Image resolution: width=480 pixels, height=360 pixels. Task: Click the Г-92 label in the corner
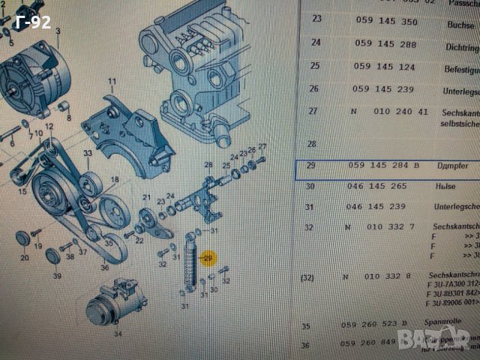click(32, 22)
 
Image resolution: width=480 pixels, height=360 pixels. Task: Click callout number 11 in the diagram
click(112, 81)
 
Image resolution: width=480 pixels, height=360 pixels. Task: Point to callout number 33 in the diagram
click(88, 154)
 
